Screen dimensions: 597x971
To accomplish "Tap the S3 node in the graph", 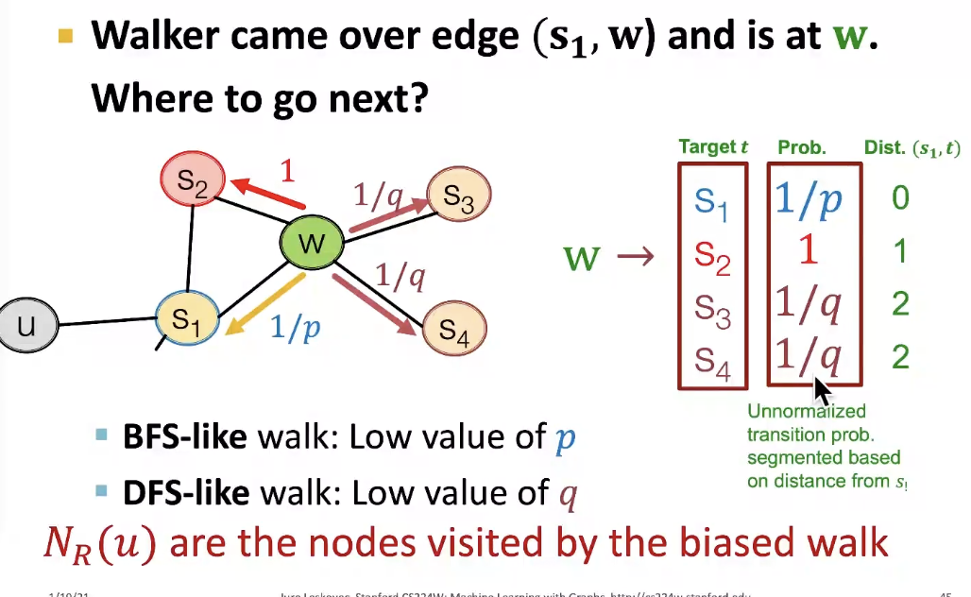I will [x=458, y=196].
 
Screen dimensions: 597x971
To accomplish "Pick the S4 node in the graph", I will [x=454, y=329].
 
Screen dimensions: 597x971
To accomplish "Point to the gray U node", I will [x=26, y=327].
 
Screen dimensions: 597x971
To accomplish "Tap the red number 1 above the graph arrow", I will [x=287, y=171].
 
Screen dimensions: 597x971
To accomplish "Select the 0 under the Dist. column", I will [x=900, y=198].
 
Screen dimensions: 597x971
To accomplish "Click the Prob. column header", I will [x=802, y=148].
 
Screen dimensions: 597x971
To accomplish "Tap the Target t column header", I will [x=713, y=147].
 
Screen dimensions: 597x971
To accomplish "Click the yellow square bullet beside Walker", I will [x=65, y=37].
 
